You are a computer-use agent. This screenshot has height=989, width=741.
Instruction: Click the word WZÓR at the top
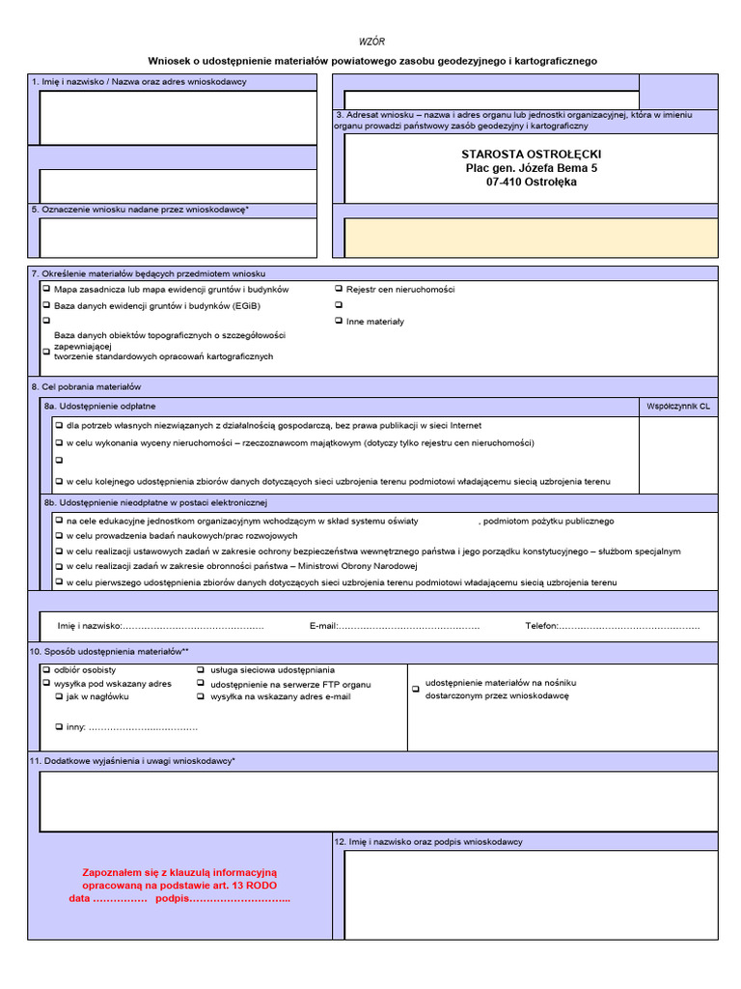click(x=371, y=42)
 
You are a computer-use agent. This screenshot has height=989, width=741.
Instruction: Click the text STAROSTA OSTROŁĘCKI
click(x=531, y=155)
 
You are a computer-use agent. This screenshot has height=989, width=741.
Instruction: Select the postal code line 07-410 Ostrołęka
click(x=532, y=182)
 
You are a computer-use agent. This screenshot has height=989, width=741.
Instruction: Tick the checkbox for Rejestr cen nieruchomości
click(x=339, y=289)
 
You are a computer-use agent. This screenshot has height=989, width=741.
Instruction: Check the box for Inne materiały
click(x=339, y=321)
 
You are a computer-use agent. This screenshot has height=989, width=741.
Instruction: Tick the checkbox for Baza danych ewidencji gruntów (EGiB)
click(x=46, y=305)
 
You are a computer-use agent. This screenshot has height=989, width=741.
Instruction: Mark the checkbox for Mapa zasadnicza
click(x=46, y=289)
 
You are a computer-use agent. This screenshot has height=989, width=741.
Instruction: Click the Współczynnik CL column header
click(x=678, y=408)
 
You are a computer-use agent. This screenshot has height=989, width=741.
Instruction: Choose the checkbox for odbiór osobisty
click(x=46, y=669)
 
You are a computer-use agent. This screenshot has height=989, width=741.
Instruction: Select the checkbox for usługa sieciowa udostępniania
click(x=201, y=669)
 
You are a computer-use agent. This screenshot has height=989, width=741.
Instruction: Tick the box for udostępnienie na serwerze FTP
click(x=201, y=683)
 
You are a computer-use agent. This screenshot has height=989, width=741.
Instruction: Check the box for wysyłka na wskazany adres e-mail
click(x=201, y=695)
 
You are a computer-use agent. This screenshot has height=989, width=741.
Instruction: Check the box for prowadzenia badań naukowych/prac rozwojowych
click(x=58, y=535)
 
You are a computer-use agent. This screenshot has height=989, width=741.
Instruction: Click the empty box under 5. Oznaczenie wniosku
click(x=178, y=238)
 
